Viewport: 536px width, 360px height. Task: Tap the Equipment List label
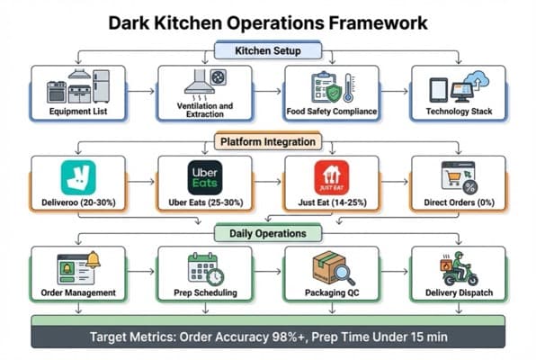click(78, 113)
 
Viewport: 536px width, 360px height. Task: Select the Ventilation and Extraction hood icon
click(203, 83)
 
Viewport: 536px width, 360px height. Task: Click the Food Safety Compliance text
click(329, 113)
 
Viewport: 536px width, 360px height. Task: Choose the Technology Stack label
click(456, 113)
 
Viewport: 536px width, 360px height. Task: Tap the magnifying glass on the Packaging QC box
click(343, 272)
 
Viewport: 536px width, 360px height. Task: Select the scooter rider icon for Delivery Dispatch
click(458, 267)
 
